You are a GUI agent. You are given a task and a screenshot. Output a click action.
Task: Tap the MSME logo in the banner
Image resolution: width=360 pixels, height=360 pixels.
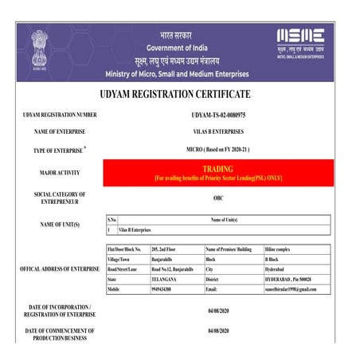point(299,37)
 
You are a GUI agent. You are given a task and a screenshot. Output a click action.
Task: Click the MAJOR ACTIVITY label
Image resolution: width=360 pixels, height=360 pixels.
point(60,172)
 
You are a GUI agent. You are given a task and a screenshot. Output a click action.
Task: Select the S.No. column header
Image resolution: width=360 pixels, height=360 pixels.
point(112,219)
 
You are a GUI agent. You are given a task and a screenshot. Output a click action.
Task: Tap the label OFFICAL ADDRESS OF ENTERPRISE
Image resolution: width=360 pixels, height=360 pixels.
point(60,269)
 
